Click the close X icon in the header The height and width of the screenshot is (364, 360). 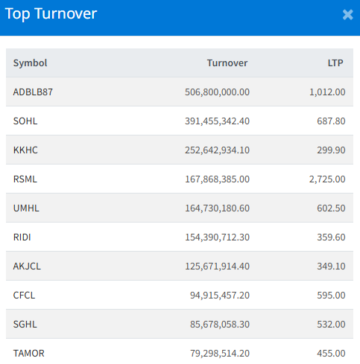pos(347,15)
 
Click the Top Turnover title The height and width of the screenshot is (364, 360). pos(51,14)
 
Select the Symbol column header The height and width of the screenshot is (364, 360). pos(30,63)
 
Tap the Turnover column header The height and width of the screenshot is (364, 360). pos(227,63)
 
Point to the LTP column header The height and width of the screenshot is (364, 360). pos(335,63)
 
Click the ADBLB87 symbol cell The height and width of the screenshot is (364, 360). pos(33,92)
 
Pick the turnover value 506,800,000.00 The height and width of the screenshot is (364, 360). pos(217,92)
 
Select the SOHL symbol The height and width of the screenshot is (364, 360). pos(25,121)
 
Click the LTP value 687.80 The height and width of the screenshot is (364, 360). pos(331,121)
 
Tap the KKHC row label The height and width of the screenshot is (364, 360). pos(25,150)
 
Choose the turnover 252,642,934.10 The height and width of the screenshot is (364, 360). pos(217,150)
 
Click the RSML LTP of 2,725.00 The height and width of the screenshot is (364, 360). pos(327,179)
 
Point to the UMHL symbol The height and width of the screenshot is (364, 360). pos(26,208)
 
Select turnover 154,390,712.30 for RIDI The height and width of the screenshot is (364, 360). pos(217,237)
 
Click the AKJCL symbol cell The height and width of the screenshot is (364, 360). pos(27,266)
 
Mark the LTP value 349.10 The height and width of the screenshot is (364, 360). pos(331,266)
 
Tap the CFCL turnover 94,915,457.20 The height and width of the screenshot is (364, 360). pos(220,296)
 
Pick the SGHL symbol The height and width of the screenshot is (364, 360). pos(25,325)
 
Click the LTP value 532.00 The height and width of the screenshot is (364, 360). pos(331,325)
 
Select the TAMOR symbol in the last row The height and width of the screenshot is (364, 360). pos(28,354)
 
